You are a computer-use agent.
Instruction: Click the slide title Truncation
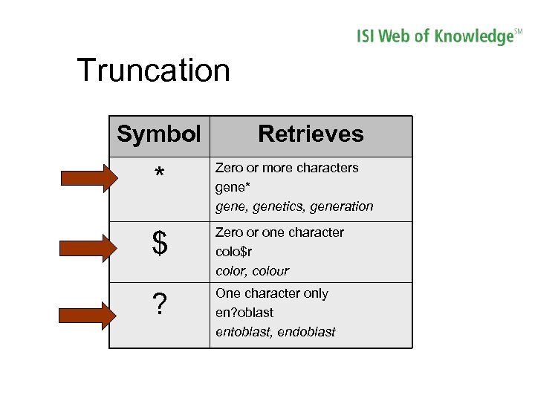tap(154, 71)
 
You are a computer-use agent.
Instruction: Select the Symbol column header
tap(159, 134)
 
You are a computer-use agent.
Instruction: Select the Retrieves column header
tap(311, 134)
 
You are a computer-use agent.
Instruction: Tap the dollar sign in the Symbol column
tap(159, 244)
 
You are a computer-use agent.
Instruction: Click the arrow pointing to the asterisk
tap(88, 178)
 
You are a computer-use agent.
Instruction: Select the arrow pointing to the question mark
tap(88, 314)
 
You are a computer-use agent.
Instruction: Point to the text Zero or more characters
tap(287, 168)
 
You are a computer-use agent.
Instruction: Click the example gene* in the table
tap(233, 187)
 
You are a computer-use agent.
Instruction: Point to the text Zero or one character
tap(279, 232)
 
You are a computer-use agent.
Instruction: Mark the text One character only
tap(271, 293)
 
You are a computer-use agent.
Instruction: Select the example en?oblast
tap(244, 313)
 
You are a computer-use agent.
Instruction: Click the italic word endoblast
tap(306, 332)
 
